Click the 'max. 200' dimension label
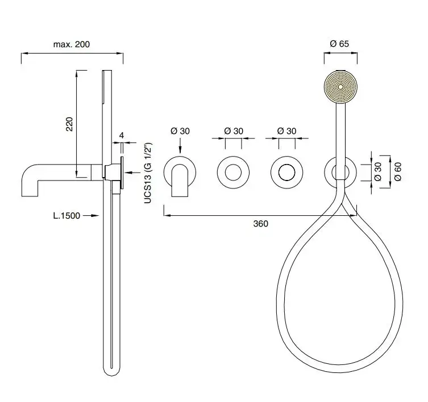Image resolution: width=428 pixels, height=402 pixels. pos(72,44)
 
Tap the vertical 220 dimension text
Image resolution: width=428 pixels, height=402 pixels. pos(69,124)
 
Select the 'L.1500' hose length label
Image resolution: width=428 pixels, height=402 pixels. pos(67,215)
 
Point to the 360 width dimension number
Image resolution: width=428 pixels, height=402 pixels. pos(261,224)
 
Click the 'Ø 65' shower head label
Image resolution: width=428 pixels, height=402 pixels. pos(339,44)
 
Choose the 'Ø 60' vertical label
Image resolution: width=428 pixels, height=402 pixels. pos(398,171)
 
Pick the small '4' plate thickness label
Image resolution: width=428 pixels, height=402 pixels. pos(122,136)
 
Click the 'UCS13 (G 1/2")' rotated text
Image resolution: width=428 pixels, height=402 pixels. pos(148,173)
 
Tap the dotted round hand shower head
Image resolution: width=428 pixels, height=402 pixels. pos(340,87)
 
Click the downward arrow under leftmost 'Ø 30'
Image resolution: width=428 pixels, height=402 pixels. pos(180,146)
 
